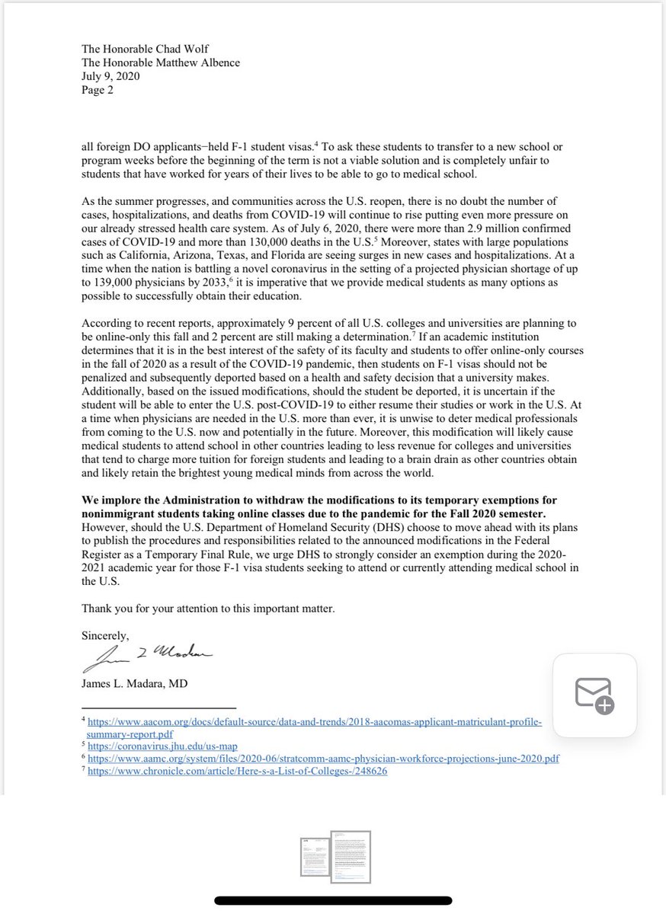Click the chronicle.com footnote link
238,771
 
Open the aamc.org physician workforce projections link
316,758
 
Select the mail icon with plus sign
594,695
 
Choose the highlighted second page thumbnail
351,856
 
